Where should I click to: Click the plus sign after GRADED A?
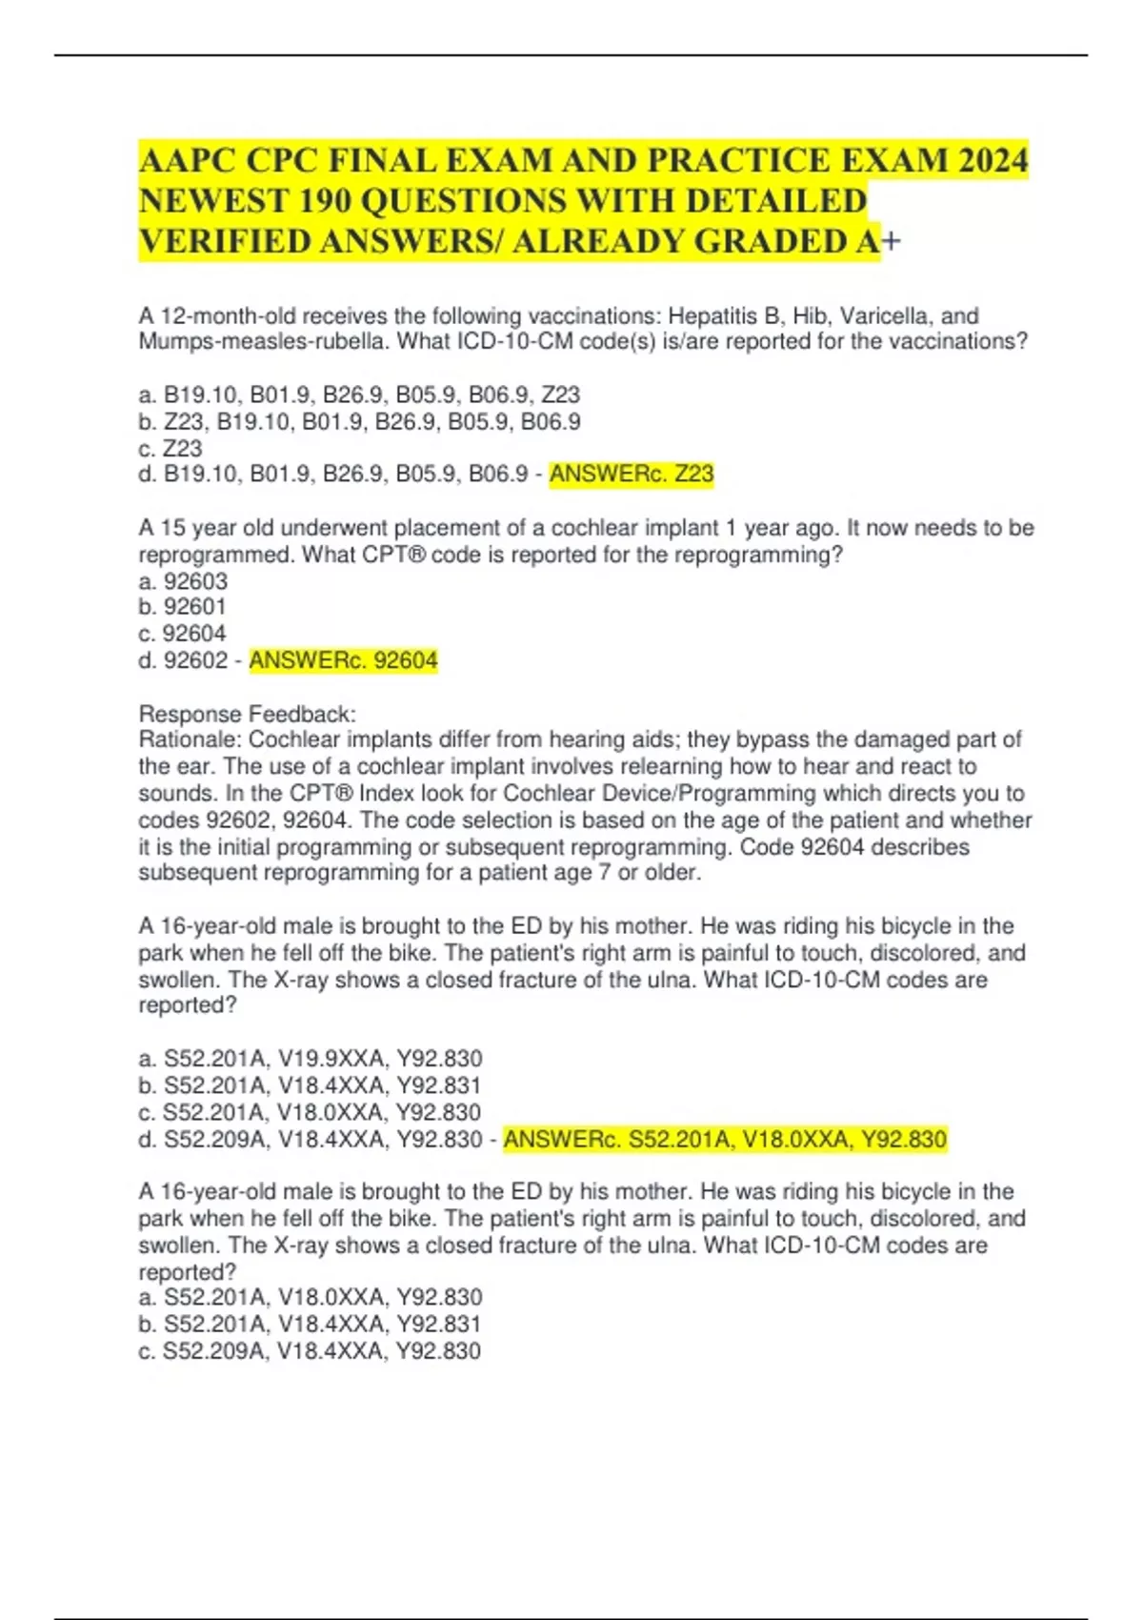point(892,242)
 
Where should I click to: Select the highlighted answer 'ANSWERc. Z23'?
point(632,474)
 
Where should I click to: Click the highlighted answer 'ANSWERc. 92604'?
point(343,660)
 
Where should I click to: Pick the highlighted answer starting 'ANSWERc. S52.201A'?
point(725,1139)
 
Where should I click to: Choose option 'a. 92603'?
point(183,580)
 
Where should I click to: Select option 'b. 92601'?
point(183,607)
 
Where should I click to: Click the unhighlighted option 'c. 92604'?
point(183,634)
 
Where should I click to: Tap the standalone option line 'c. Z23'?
point(170,448)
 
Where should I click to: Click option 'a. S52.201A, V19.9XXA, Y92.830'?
point(311,1059)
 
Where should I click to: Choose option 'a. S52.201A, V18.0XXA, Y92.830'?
point(311,1297)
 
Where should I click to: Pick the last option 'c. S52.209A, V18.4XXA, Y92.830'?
point(311,1350)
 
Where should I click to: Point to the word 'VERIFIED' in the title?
point(225,242)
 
